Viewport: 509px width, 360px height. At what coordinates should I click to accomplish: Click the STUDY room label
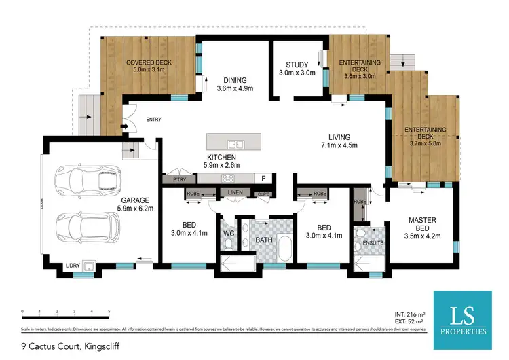(x=297, y=65)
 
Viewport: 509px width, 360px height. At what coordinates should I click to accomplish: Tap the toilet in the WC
(x=229, y=242)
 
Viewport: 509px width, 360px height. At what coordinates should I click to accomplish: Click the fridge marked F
(x=263, y=179)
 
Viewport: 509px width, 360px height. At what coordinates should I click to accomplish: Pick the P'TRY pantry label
(x=179, y=179)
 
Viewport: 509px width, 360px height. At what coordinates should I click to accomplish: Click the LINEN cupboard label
(x=235, y=193)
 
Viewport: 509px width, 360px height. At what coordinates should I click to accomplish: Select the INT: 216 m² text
(x=410, y=314)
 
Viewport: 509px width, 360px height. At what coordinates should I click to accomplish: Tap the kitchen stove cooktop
(x=229, y=179)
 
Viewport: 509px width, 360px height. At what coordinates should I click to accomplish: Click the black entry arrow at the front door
(x=124, y=126)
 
